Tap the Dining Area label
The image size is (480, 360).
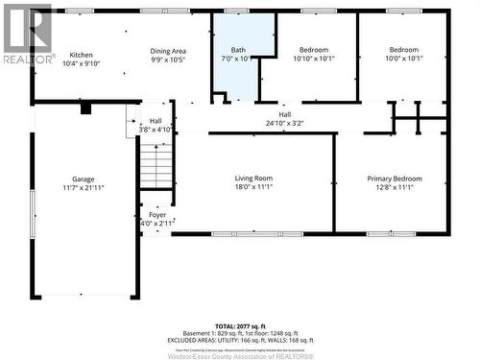(x=168, y=51)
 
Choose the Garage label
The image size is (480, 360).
(x=84, y=180)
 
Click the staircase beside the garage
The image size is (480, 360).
(x=156, y=164)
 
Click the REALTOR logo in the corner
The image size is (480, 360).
(x=27, y=35)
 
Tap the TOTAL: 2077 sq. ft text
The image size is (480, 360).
(x=239, y=327)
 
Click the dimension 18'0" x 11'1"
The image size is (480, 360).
(x=253, y=187)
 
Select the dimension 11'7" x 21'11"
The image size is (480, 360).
(x=84, y=188)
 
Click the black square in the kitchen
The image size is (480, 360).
(x=85, y=108)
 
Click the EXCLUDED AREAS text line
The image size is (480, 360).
(x=239, y=341)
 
